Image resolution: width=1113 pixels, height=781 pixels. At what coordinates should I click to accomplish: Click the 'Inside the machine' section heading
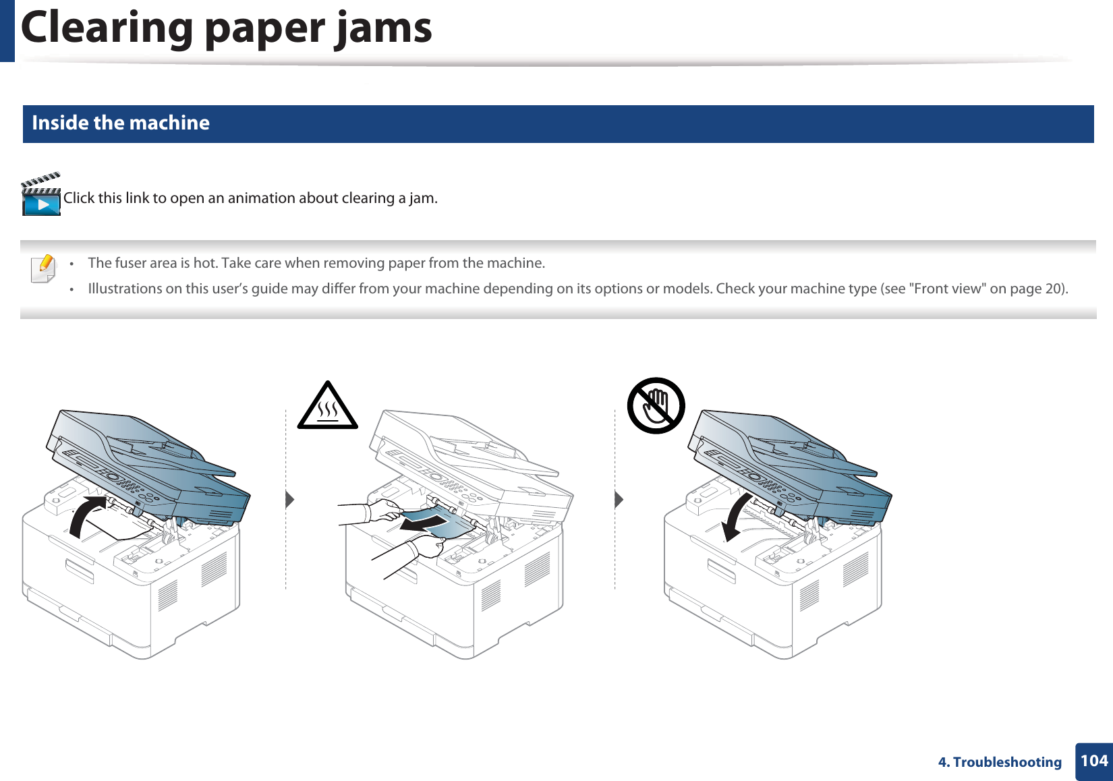tap(121, 123)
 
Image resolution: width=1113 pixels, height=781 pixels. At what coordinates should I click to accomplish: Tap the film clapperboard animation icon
tap(41, 195)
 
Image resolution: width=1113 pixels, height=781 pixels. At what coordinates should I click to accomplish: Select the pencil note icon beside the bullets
tap(43, 268)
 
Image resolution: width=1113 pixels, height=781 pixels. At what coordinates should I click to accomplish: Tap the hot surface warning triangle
tap(328, 407)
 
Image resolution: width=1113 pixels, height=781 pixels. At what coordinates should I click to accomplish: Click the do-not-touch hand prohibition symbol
tap(656, 405)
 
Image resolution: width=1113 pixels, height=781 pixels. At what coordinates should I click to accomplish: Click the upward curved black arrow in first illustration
tap(86, 517)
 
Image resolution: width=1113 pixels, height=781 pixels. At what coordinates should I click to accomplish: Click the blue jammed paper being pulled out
tap(445, 523)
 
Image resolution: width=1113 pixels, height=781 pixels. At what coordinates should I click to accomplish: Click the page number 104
tap(1093, 761)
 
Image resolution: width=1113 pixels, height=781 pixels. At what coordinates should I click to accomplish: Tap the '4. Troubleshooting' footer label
tap(1000, 762)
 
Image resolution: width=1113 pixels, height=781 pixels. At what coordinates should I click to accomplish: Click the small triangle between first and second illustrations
tap(289, 500)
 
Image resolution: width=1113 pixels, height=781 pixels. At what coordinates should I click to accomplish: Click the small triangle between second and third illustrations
tap(619, 500)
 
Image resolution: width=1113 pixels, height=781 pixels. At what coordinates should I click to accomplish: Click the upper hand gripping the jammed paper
tap(385, 510)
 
